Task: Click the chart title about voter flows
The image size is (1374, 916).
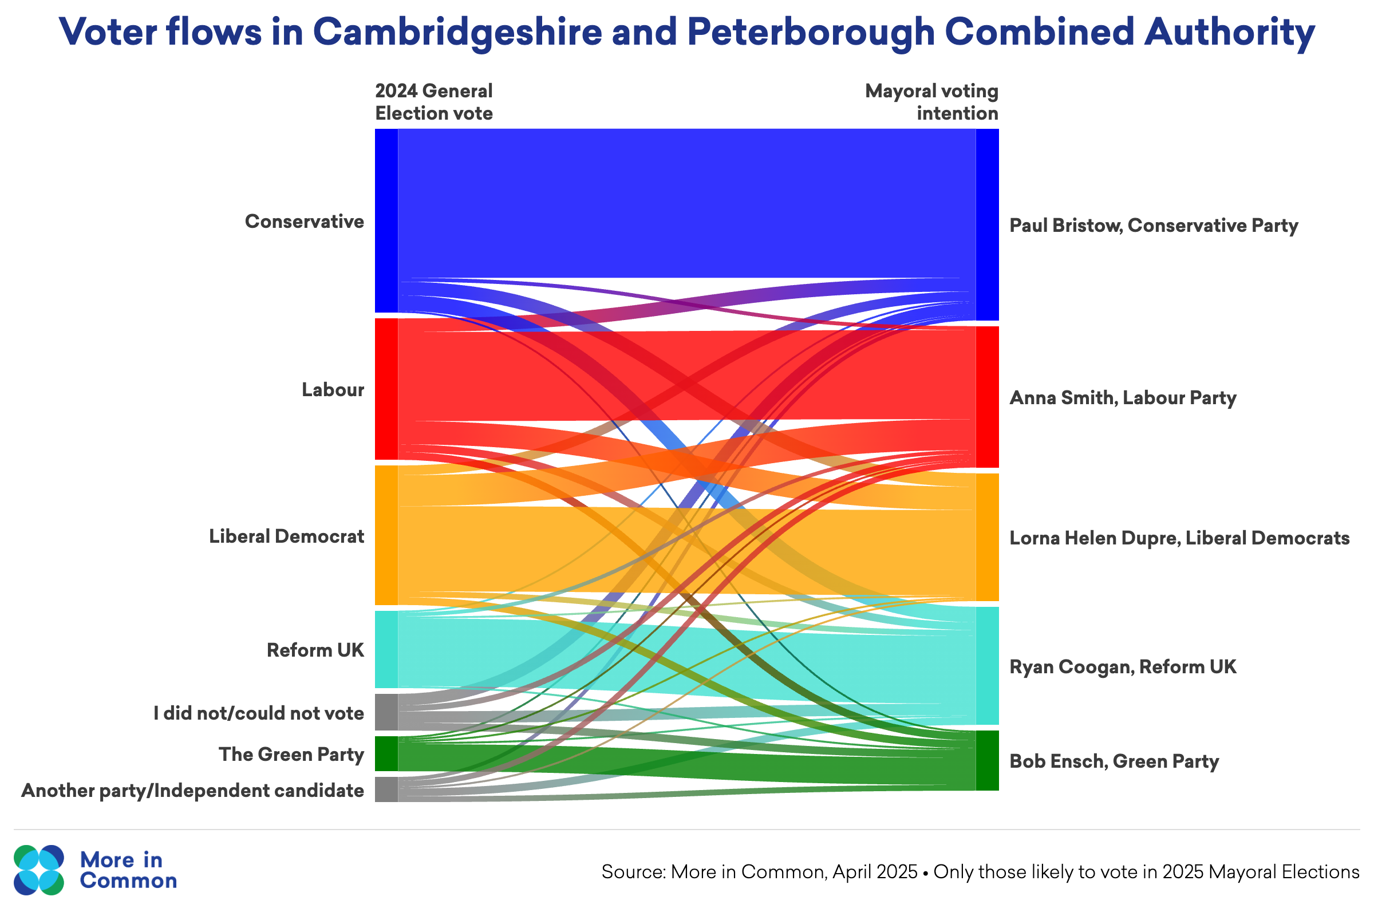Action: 686,31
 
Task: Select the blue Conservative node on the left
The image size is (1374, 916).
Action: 386,220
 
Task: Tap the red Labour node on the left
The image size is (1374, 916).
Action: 386,389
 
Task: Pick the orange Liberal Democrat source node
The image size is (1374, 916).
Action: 386,535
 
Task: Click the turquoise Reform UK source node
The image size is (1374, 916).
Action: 386,649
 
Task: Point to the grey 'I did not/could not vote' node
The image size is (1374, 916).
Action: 386,712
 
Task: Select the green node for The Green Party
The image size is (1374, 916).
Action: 386,753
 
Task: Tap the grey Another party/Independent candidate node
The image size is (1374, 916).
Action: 386,789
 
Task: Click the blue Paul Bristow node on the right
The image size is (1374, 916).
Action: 986,224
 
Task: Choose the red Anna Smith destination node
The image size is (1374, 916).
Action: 986,397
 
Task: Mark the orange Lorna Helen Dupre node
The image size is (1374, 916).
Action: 986,537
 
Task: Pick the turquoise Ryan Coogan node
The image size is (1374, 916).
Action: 986,665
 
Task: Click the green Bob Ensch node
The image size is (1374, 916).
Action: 986,760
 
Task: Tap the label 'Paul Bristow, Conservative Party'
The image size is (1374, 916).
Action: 1153,226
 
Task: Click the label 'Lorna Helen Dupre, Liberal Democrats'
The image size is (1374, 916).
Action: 1179,538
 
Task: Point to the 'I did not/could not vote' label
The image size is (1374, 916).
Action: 258,713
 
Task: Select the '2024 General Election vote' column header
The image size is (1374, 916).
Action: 433,102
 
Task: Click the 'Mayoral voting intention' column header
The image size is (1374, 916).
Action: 931,102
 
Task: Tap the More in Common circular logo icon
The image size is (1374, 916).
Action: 38,870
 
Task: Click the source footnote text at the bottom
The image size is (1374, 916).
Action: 980,871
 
